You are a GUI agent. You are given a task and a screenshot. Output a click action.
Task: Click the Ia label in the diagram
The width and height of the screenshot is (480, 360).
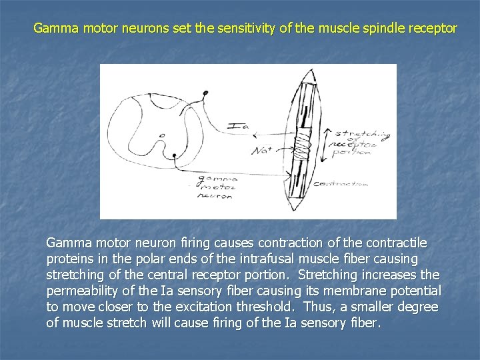pos(236,125)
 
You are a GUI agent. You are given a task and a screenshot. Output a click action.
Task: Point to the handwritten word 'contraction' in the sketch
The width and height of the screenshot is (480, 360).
pos(340,183)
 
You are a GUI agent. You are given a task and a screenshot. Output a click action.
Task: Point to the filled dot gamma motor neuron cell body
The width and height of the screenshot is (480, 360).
pos(174,155)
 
